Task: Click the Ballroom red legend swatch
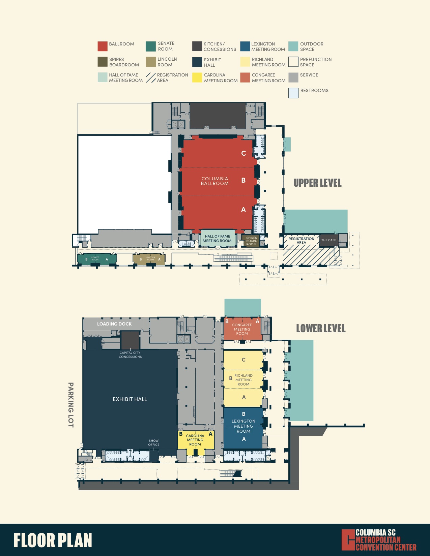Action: pos(103,46)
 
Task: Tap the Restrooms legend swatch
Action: pos(293,93)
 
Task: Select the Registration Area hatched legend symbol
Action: pos(151,78)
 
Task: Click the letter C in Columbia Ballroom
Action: pos(243,153)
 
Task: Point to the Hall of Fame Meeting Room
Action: pos(217,239)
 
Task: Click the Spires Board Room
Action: pos(251,241)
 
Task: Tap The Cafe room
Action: pos(328,240)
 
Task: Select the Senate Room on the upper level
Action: pos(96,259)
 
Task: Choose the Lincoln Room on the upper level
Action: pos(149,259)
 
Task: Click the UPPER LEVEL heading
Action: pos(317,183)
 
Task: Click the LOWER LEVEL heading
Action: pos(321,329)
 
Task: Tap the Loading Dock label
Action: pos(114,324)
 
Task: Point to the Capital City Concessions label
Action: pos(130,355)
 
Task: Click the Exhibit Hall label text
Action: pos(130,399)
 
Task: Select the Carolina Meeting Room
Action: pos(195,440)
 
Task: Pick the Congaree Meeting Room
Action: pos(242,329)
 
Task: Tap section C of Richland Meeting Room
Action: pos(243,360)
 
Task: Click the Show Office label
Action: pos(153,443)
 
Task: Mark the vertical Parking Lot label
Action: pos(71,405)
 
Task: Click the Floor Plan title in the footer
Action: pos(53,540)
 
